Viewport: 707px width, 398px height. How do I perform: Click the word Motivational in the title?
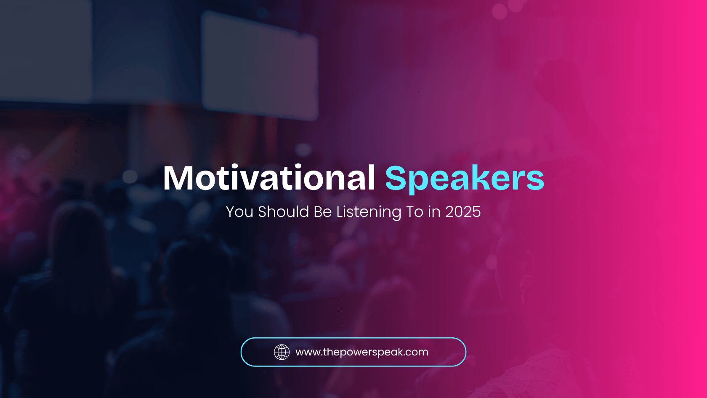click(x=269, y=178)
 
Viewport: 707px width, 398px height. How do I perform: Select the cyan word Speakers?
click(x=465, y=179)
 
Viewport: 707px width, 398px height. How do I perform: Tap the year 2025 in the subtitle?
click(x=463, y=211)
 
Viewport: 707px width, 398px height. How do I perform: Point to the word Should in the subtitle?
click(x=284, y=211)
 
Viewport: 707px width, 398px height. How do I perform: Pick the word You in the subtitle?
click(x=239, y=211)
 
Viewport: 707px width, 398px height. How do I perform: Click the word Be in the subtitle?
click(x=322, y=211)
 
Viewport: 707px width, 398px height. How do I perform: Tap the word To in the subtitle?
click(x=415, y=211)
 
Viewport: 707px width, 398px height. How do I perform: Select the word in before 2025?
click(x=434, y=211)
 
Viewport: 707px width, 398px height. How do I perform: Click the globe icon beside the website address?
click(x=282, y=352)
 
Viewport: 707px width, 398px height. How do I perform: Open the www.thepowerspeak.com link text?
click(x=362, y=353)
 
